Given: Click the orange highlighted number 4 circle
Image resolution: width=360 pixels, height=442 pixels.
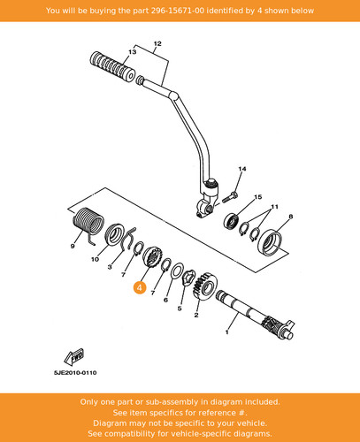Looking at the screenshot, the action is pos(140,287).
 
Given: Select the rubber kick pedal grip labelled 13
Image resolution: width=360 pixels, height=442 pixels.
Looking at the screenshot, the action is pos(112,67).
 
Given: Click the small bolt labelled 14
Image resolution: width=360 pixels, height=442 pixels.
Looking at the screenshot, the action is pos(228,197).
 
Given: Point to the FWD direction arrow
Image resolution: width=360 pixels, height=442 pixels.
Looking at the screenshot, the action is pos(74,356).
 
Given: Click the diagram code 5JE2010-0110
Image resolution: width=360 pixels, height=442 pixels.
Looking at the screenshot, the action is pos(75,373).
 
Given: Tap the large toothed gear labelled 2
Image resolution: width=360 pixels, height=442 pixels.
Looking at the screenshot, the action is pos(205,287).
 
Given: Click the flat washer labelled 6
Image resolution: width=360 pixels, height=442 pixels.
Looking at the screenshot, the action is pos(177,271).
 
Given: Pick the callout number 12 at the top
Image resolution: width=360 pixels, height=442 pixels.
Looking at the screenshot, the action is pos(157,43).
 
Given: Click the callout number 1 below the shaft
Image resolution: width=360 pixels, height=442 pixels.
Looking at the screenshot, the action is pos(226,332).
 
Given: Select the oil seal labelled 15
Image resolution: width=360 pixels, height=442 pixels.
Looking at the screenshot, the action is pos(232,221).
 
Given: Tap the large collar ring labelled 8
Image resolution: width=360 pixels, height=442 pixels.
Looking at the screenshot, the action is pos(270,242).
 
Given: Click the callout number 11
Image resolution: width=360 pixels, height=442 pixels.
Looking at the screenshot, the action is pos(274,207).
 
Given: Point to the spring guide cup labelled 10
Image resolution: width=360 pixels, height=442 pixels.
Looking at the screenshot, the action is pos(114,234).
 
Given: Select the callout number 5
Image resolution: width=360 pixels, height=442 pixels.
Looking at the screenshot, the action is pos(180,309).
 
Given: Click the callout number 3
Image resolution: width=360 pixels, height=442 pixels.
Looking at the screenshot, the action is pos(110,267).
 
